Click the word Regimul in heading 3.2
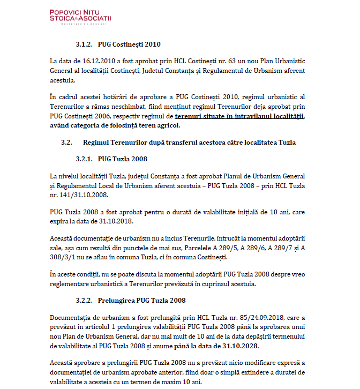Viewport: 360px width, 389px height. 97,143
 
